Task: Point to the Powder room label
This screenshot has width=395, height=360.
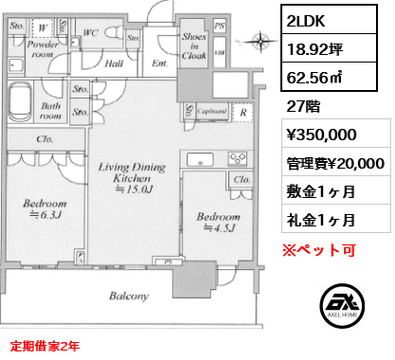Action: click(43, 49)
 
